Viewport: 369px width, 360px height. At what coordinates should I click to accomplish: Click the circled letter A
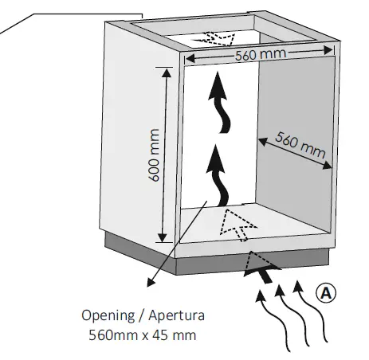324,291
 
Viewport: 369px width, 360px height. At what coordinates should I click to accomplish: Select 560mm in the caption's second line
112,335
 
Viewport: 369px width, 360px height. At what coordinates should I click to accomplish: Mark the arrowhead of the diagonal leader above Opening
148,281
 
